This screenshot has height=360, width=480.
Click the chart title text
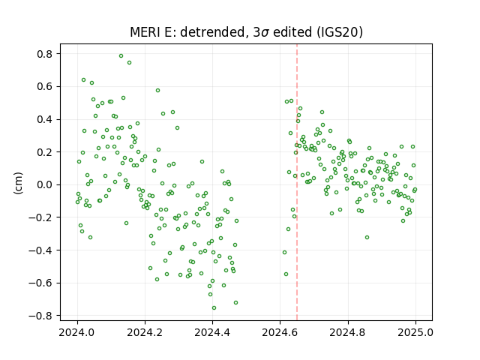(x=246, y=32)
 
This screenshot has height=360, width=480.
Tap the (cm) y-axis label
(x=18, y=183)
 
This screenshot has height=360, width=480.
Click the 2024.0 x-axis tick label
(x=77, y=332)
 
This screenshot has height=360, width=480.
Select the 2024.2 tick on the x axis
(x=145, y=332)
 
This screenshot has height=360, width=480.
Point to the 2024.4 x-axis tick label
(x=212, y=332)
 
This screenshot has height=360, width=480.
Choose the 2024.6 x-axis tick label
(x=280, y=332)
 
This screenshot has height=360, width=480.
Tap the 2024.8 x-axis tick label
(x=348, y=332)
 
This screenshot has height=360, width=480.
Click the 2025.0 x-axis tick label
(x=415, y=332)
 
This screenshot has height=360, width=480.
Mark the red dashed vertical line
(x=297, y=182)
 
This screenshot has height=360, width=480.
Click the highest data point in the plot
(x=121, y=55)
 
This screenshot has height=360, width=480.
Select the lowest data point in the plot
(x=214, y=308)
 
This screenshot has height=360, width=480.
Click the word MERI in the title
(x=143, y=32)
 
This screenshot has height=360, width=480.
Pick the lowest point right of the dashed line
(x=286, y=274)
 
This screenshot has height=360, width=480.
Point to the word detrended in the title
(x=214, y=32)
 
